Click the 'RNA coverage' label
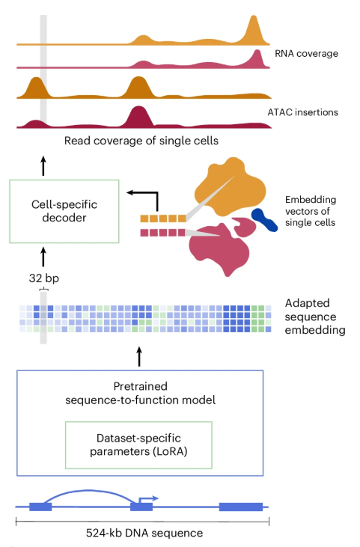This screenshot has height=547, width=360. pos(307,54)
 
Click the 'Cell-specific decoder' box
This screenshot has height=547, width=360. pos(64,210)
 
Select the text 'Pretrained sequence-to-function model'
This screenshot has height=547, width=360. pos(140,394)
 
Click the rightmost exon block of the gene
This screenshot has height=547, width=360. pos(240,507)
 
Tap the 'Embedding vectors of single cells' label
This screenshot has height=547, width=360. pos(310,212)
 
